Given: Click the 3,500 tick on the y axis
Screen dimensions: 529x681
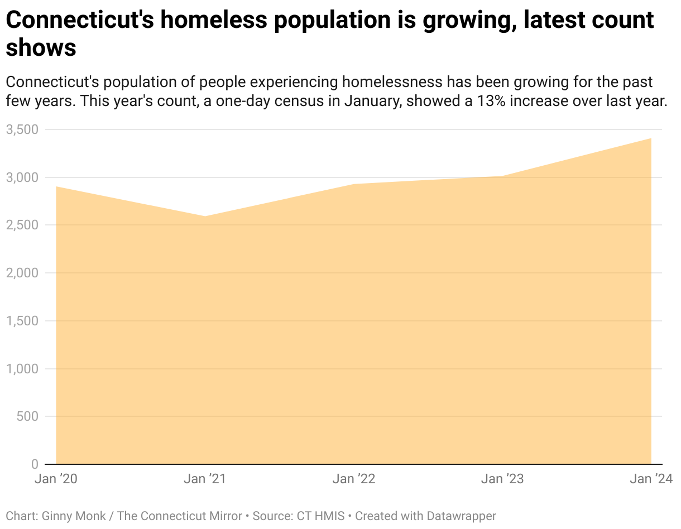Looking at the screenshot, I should click(x=22, y=129).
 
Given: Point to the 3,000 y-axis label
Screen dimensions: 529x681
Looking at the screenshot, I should click(x=22, y=177).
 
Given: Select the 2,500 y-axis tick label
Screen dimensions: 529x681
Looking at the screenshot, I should click(x=22, y=225).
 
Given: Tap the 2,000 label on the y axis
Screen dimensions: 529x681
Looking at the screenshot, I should click(x=22, y=273).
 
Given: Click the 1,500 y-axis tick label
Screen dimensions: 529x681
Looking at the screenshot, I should click(x=22, y=321).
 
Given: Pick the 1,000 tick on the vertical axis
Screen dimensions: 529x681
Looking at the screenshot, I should click(x=22, y=369).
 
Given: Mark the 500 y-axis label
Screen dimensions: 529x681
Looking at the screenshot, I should click(x=27, y=416).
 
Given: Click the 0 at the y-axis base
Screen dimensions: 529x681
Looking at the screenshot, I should click(x=35, y=464).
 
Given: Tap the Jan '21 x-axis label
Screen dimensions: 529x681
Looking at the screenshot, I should click(x=204, y=479).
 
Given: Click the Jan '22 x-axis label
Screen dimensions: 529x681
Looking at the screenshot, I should click(x=354, y=479).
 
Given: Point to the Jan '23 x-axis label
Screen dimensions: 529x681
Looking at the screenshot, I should click(x=502, y=479).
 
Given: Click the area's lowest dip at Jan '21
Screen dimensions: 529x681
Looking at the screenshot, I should click(x=205, y=217).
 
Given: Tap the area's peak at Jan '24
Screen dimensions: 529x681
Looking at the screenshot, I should click(x=651, y=138).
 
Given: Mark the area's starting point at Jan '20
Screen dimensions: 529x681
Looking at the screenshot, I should click(x=56, y=187).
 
